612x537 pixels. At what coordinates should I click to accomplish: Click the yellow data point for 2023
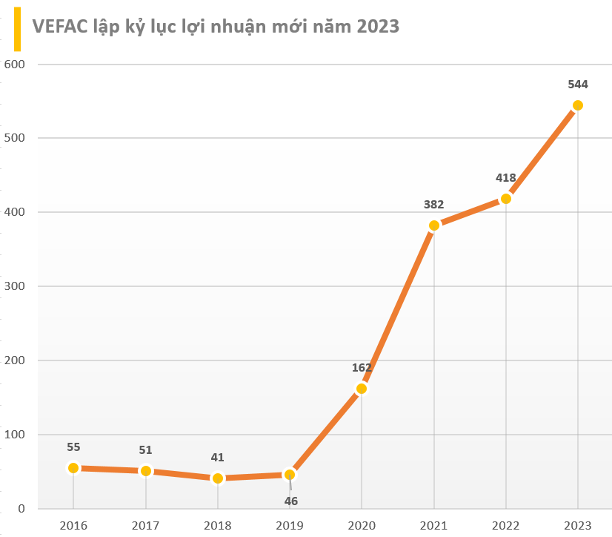[577, 105]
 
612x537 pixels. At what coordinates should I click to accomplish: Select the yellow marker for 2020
[362, 389]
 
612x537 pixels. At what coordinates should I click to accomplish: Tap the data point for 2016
[73, 468]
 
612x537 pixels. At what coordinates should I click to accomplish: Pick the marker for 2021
[434, 225]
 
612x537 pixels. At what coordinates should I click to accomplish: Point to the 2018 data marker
[218, 478]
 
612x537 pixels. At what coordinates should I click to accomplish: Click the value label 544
[578, 85]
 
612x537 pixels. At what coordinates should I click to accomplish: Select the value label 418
[506, 178]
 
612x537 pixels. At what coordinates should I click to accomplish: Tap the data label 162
[362, 368]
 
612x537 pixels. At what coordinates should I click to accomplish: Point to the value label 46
[291, 501]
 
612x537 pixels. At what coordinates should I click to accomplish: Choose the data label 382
[433, 204]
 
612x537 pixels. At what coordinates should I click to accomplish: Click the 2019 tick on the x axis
[290, 525]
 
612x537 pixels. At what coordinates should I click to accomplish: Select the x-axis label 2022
[506, 525]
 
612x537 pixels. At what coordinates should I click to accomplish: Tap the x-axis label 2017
[145, 525]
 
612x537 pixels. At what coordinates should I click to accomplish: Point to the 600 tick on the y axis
[15, 65]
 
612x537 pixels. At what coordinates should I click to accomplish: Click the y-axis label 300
[15, 286]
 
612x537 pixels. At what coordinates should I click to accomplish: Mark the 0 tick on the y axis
[21, 509]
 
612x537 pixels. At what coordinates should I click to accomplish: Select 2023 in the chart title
[378, 27]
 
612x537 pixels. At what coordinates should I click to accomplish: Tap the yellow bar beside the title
[16, 27]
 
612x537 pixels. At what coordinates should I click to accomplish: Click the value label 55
[73, 447]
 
